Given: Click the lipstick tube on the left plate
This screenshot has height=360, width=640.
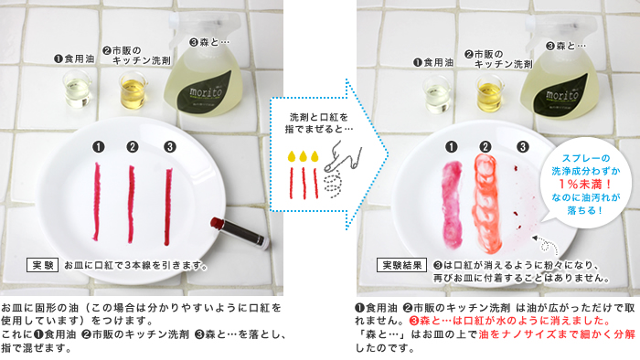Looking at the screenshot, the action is tap(240, 233).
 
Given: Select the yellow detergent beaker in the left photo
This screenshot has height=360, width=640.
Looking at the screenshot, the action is tap(133, 90).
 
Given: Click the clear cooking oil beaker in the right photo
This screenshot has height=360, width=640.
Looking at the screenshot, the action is tap(436, 95).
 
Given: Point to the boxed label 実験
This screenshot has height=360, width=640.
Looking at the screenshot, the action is tap(42, 265).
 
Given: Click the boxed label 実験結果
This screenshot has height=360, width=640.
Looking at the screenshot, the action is tap(401, 265).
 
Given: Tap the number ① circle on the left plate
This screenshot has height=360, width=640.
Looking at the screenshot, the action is tap(99, 147).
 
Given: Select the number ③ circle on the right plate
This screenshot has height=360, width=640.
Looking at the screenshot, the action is tap(523, 147).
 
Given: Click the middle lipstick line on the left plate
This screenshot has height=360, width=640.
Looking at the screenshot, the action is tap(131, 204).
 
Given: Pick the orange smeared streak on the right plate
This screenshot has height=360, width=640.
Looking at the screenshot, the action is tap(486, 204).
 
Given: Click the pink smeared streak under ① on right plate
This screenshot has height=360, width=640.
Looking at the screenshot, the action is tap(452, 204).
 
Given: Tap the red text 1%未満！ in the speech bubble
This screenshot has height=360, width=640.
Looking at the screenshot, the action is tap(585, 185).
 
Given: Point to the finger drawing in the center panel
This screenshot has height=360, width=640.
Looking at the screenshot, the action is tap(343, 157).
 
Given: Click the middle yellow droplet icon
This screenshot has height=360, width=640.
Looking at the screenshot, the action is tap(303, 156).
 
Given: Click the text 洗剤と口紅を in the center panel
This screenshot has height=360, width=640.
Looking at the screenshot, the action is tap(319, 118).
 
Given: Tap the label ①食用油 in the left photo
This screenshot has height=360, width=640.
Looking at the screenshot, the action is tap(74, 59).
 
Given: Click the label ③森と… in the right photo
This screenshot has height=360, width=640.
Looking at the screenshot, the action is tap(566, 46).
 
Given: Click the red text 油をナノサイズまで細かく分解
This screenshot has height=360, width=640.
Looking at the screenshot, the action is tap(557, 334).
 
